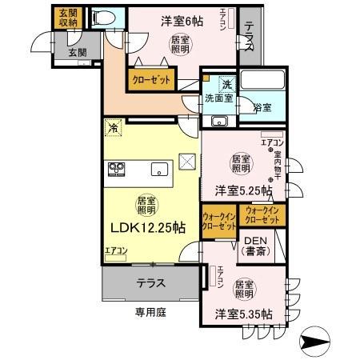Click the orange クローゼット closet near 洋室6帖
coord(149,80)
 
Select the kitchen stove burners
coord(118,170)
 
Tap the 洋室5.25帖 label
coord(240,191)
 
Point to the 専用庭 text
coord(150,312)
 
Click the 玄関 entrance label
coord(78,51)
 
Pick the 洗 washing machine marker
coord(226,84)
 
